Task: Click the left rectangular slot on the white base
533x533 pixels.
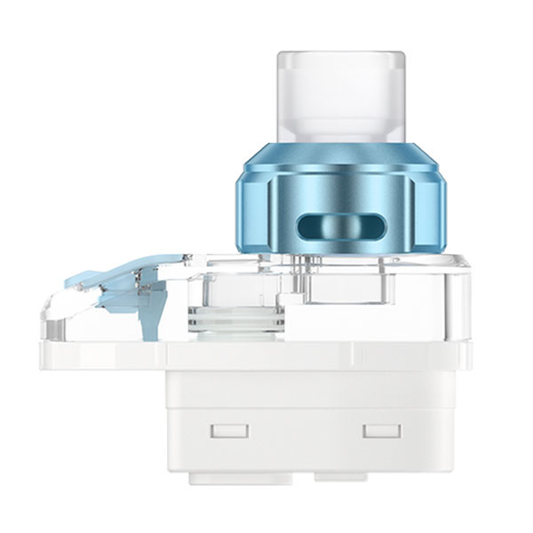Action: point(228,432)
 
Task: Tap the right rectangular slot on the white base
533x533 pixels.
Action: point(381,432)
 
